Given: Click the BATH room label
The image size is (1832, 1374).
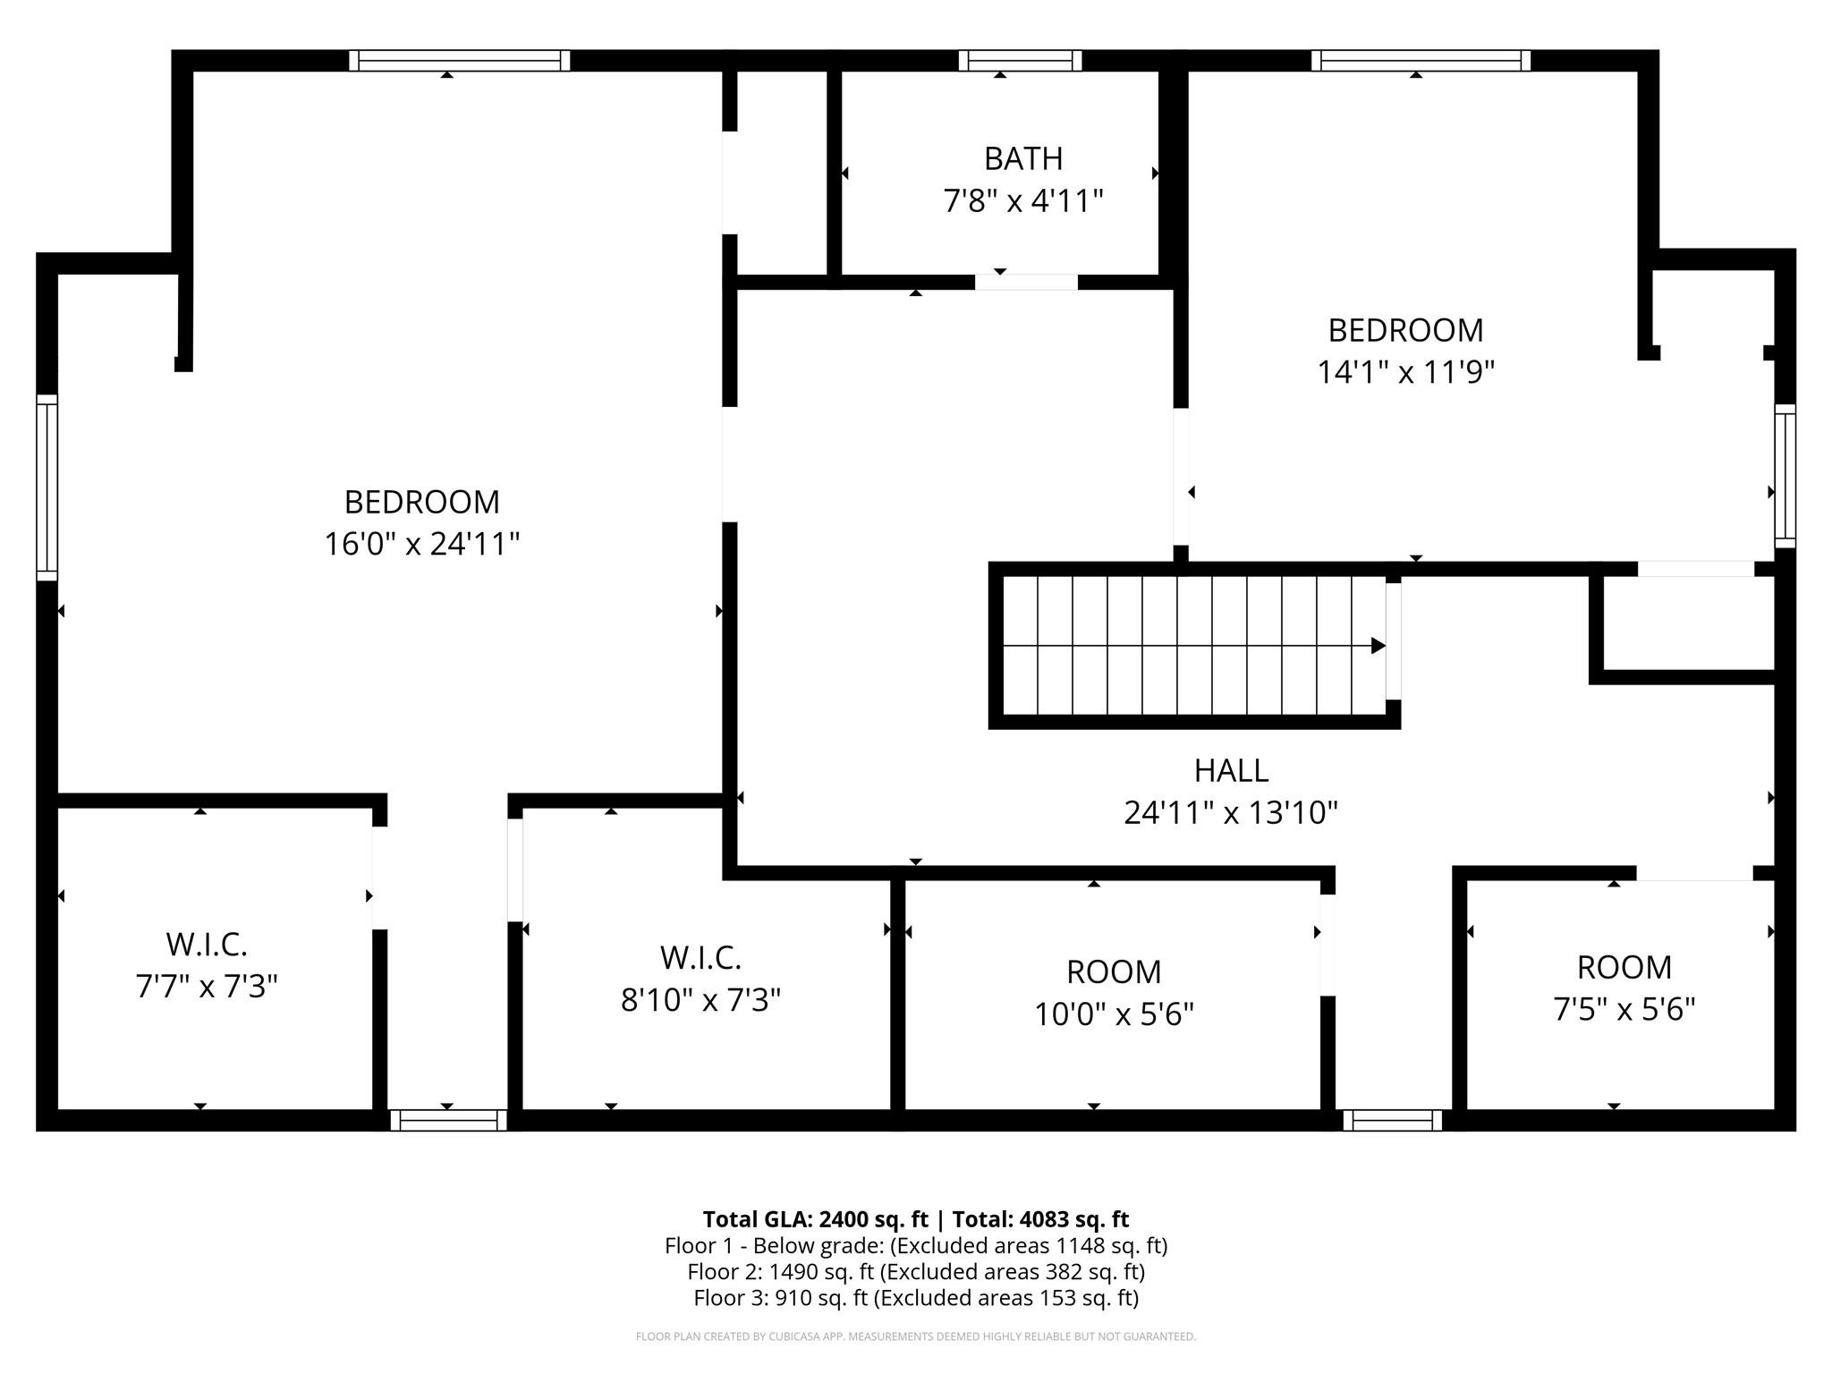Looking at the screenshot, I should [1023, 158].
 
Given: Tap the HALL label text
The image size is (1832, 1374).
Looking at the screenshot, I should [1231, 770].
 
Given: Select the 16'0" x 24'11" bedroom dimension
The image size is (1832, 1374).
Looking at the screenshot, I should [421, 544].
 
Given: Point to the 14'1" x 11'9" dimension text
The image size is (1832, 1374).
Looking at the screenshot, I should [1405, 372].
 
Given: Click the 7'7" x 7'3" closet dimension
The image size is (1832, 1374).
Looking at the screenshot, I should [207, 987].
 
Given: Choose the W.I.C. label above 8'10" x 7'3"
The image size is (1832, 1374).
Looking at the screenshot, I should [700, 958].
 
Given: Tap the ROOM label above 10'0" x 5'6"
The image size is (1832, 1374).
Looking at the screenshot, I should [1114, 971].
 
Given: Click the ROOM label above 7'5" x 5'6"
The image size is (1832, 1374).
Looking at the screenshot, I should [1624, 967].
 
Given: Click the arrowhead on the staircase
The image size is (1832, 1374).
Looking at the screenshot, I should [1378, 646].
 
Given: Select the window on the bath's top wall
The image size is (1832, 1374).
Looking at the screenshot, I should [1020, 61].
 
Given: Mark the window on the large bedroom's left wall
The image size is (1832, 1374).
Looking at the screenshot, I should [47, 488].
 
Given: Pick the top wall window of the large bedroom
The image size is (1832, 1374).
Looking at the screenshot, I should [459, 61].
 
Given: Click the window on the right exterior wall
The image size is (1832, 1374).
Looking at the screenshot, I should [1785, 475].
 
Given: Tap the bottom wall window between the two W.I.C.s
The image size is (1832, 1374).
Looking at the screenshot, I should [448, 1120].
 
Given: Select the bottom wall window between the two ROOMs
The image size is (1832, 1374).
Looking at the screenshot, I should [1392, 1120].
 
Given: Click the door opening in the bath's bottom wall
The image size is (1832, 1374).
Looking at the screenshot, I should [1026, 282].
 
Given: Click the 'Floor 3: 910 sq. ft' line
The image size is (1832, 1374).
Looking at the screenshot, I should [915, 1298].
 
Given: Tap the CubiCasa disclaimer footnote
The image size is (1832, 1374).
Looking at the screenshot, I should [915, 1336].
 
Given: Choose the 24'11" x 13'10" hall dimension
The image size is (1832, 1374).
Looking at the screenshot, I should [1231, 813].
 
